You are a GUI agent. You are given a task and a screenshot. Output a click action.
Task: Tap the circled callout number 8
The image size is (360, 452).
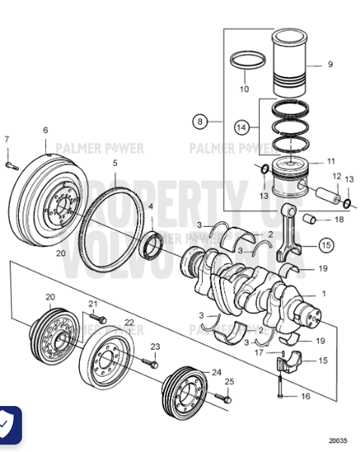tap(200, 121)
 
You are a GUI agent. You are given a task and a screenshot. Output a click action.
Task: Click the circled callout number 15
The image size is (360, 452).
tap(325, 244)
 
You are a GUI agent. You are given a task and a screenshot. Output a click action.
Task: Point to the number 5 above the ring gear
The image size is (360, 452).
tap(115, 163)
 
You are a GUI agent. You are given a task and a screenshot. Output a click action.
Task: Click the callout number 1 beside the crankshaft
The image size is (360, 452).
tap(324, 294)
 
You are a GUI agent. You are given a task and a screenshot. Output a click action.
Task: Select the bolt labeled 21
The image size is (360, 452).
tap(96, 319)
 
